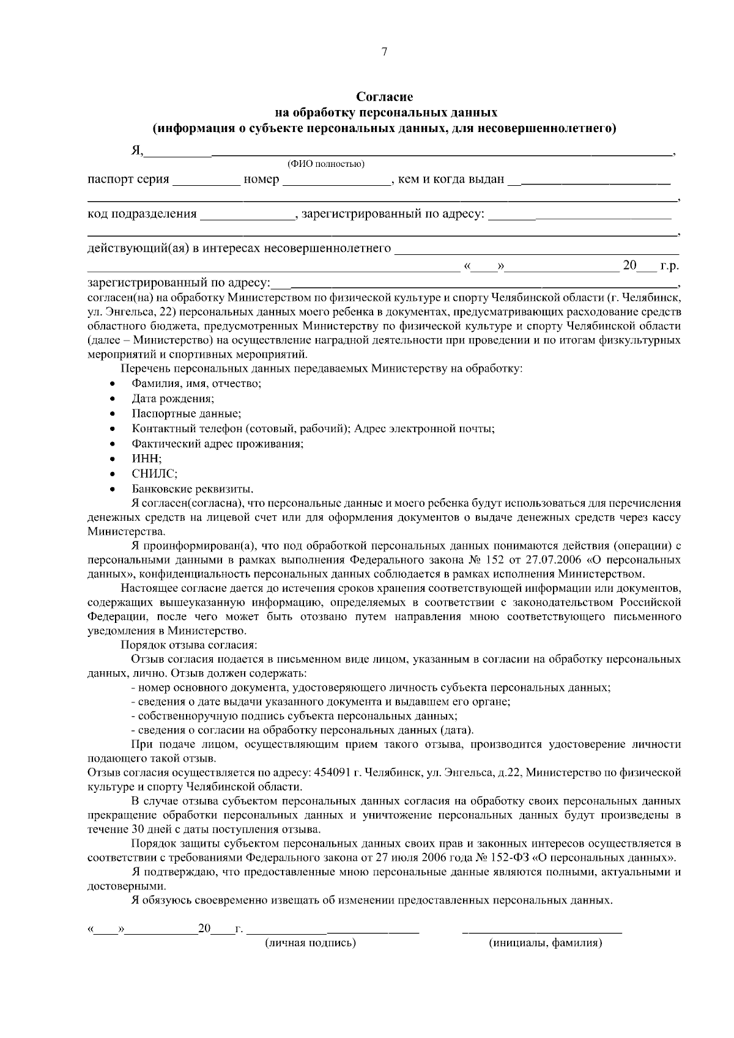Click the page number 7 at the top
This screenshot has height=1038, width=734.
(384, 53)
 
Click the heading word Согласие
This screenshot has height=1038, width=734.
(385, 97)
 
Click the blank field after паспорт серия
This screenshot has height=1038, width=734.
(206, 181)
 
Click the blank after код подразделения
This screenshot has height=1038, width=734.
(247, 215)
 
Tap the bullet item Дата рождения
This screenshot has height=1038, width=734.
(172, 399)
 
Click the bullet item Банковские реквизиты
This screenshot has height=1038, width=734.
(192, 489)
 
